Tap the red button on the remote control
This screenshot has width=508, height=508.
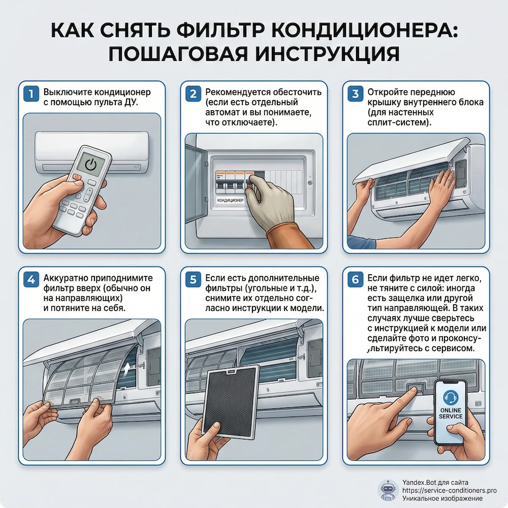pos(76,178)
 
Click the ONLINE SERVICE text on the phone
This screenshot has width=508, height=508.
pos(450,412)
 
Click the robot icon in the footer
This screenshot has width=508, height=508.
pos(388,490)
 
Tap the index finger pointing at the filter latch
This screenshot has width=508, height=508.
pos(401,399)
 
